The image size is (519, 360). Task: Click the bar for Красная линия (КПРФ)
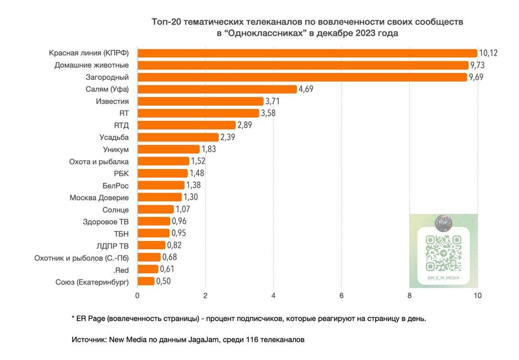pyautogui.click(x=307, y=53)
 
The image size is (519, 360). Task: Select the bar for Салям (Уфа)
pyautogui.click(x=217, y=89)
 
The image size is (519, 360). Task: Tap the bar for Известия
pyautogui.click(x=200, y=101)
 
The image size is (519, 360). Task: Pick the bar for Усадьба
pyautogui.click(x=178, y=137)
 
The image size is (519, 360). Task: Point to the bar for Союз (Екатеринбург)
pyautogui.click(x=146, y=281)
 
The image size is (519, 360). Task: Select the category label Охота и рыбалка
pyautogui.click(x=99, y=161)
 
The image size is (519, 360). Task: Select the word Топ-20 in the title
pyautogui.click(x=165, y=22)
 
